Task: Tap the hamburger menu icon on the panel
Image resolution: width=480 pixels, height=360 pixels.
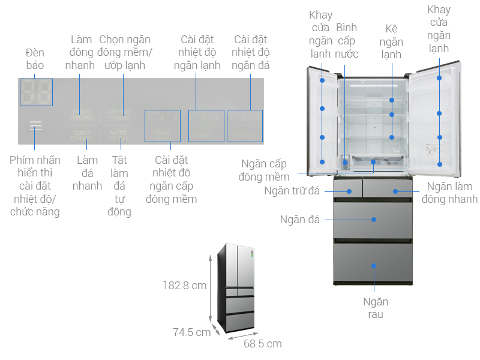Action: tap(35, 126)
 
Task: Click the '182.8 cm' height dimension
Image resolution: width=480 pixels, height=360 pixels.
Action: tap(185, 286)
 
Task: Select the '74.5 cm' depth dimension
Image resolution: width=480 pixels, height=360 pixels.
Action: tap(191, 332)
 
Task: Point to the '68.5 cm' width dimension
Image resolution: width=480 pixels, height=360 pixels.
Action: tap(262, 344)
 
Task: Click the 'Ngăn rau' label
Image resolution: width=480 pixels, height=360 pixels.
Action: tap(375, 308)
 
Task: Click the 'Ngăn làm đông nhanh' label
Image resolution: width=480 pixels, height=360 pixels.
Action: tap(449, 193)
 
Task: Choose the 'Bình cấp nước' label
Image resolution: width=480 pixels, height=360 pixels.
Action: tap(347, 41)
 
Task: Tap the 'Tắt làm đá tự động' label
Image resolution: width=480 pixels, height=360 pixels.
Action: tap(121, 185)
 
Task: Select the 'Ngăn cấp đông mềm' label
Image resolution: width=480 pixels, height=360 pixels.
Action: tap(264, 170)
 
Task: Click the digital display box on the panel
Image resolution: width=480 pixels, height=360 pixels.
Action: tap(36, 92)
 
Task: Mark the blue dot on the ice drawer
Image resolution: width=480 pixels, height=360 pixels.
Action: tap(374, 220)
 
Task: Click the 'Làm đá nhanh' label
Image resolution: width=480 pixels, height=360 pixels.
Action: tap(88, 173)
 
